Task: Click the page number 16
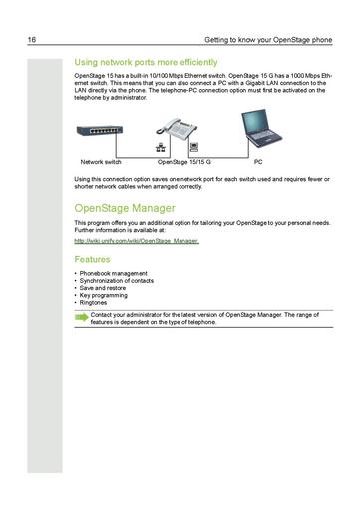33,41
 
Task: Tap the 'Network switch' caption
101,161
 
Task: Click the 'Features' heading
92,258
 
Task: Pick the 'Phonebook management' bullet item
113,273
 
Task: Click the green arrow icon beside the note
80,318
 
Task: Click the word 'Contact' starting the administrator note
101,315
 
